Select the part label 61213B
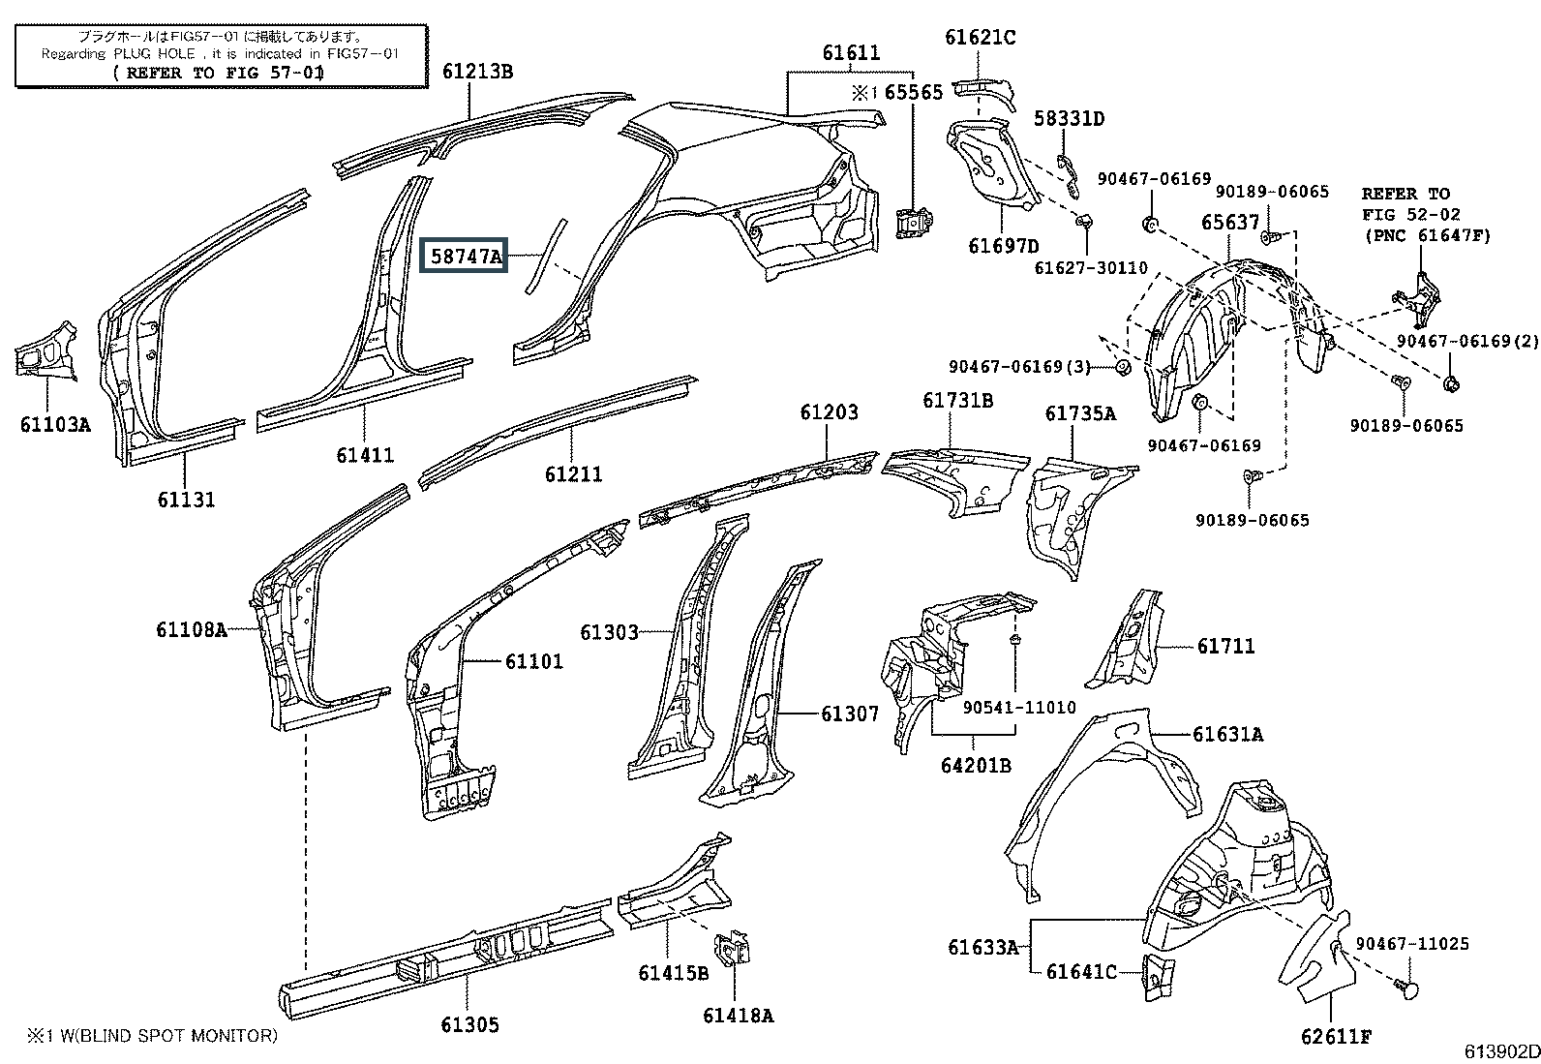click(x=477, y=72)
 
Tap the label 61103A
click(x=55, y=424)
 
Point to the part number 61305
click(x=469, y=1024)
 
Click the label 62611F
click(x=1336, y=1037)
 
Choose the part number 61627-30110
click(x=1091, y=267)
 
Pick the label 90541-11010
click(x=1019, y=707)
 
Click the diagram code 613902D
click(x=1501, y=1051)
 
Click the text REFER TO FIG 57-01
click(x=218, y=73)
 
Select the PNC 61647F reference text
click(x=1428, y=235)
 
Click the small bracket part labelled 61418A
click(x=732, y=950)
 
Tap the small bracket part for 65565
click(x=915, y=222)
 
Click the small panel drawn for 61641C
click(x=1159, y=975)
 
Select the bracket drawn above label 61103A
click(x=45, y=351)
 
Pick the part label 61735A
click(x=1080, y=413)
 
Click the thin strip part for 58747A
click(x=547, y=256)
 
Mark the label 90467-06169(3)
click(x=1020, y=366)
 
